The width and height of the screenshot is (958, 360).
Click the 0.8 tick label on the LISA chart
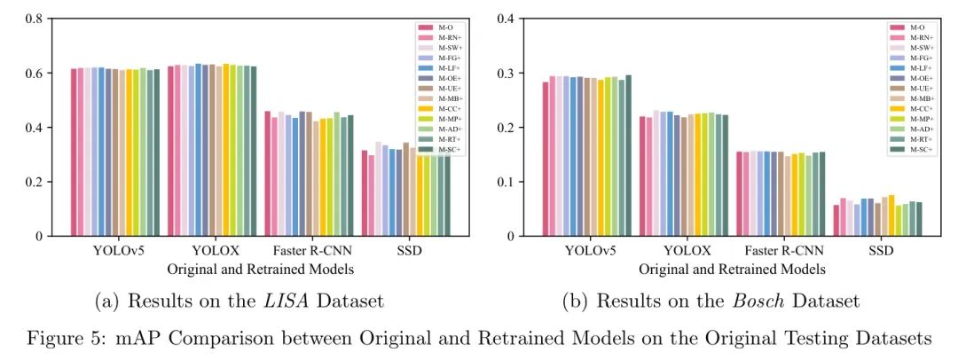click(x=36, y=19)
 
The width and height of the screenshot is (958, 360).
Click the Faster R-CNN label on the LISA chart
click(x=308, y=250)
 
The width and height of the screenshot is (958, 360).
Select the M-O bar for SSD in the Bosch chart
click(x=836, y=221)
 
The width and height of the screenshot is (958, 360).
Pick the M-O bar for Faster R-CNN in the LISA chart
click(x=268, y=174)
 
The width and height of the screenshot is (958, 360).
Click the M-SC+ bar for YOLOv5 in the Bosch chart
click(x=629, y=156)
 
